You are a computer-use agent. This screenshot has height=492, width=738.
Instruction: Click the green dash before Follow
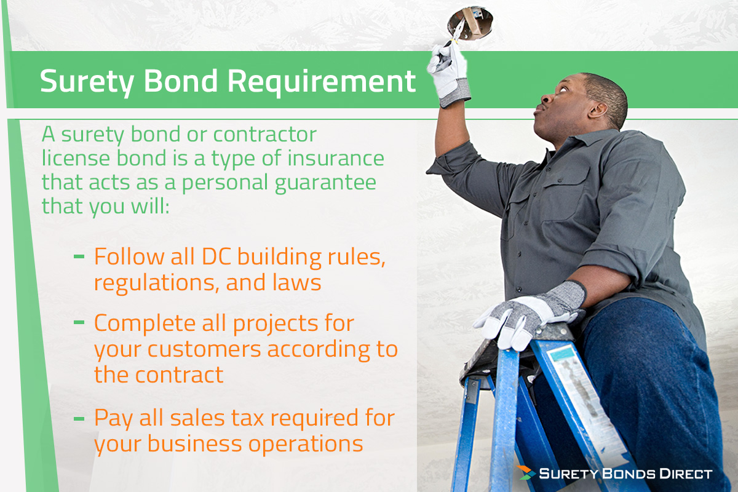point(79,255)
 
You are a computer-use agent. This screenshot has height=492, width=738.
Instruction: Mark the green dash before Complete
point(79,322)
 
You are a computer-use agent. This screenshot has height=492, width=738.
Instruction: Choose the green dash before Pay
point(79,418)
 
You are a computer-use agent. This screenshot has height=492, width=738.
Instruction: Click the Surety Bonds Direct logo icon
point(525,473)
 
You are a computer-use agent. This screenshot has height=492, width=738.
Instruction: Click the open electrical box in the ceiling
point(470,21)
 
